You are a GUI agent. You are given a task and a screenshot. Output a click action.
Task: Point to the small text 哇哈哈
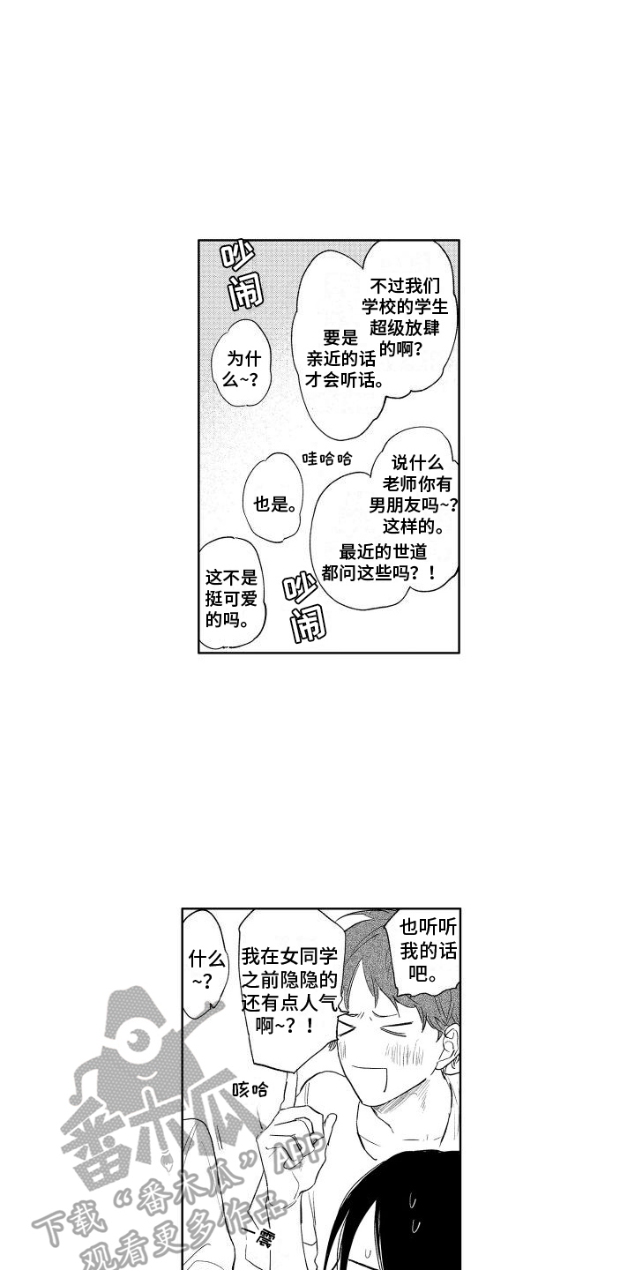(327, 459)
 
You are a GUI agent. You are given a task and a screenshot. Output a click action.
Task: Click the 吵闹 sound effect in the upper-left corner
(243, 275)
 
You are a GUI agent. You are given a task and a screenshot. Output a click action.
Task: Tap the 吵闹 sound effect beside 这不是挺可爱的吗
(304, 608)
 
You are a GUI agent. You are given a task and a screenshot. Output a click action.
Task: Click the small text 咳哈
(250, 1089)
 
